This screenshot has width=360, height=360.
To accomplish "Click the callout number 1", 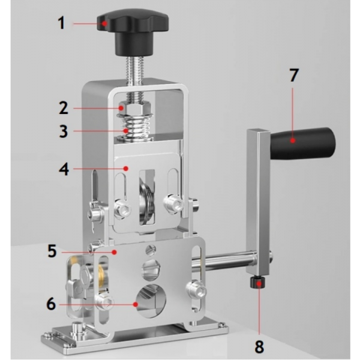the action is (x=61, y=23).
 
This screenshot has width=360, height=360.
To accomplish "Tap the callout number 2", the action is (x=64, y=108).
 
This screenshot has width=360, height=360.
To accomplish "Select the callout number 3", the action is (x=64, y=131).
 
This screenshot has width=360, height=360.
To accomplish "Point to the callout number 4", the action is (x=64, y=169).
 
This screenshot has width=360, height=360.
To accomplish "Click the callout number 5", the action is (x=52, y=251).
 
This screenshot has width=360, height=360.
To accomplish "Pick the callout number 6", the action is (x=51, y=304).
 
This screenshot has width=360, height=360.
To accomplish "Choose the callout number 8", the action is (x=259, y=346).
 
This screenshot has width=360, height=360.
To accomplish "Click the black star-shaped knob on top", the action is (x=133, y=32).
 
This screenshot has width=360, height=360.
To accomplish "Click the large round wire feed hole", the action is (x=151, y=301).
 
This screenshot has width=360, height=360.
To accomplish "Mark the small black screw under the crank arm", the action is (x=257, y=282).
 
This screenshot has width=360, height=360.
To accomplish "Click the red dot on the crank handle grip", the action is (x=293, y=140).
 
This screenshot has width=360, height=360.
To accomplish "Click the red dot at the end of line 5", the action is (x=114, y=252).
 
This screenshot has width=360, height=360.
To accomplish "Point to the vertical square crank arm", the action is (x=258, y=202).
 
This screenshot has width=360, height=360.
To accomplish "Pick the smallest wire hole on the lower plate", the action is (x=151, y=250).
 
